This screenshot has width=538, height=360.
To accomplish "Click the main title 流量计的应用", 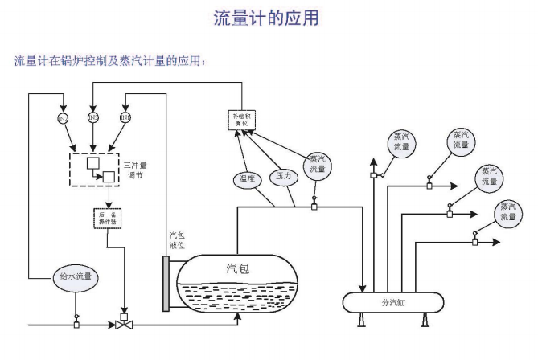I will click(269, 18).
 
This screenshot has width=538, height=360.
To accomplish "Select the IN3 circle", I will click(93, 118).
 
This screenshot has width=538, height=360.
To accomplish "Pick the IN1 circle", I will click(125, 118).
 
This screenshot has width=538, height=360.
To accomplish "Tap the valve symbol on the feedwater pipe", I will click(125, 325).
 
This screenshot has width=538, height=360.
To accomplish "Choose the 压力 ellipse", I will click(283, 174).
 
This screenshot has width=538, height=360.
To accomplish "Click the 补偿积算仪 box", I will click(242, 121).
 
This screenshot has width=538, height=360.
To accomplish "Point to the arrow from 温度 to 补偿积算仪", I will click(242, 152).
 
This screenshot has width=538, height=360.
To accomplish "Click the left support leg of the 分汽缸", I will click(363, 320).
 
